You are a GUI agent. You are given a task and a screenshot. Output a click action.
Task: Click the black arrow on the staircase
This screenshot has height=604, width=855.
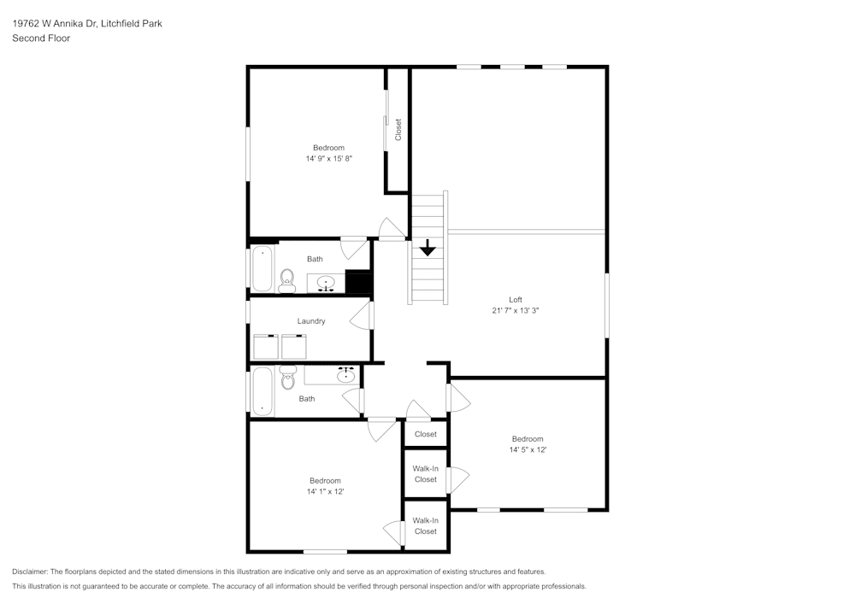coord(427,249)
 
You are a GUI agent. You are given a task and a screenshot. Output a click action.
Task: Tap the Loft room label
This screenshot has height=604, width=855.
coord(516,300)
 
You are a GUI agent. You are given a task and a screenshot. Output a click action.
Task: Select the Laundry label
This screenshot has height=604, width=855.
coord(311,321)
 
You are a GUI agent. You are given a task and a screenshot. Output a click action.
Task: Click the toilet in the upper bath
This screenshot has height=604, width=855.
coord(286,279)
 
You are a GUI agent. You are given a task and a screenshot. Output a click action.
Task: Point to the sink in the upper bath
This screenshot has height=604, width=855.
coord(326,283)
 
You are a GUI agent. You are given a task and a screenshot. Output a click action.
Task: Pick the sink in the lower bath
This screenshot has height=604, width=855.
coord(346,375)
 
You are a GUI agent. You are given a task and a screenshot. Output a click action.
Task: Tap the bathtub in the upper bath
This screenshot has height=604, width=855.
coord(262,268)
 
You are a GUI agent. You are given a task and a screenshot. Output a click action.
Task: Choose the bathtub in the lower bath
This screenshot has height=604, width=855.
coord(262,391)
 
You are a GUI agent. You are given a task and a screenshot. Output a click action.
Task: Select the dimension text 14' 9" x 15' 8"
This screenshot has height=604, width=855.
coord(329,159)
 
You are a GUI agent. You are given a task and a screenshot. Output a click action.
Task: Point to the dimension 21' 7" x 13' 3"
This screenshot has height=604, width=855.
coord(516,311)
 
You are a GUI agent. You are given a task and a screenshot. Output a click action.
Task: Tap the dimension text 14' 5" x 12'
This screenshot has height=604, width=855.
coord(528,450)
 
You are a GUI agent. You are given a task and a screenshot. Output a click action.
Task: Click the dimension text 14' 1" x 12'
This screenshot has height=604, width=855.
coord(325,491)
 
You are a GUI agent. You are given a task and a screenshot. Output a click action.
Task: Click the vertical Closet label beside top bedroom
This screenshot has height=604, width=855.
coord(398,130)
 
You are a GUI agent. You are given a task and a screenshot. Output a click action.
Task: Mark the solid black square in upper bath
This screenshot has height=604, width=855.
coord(358,282)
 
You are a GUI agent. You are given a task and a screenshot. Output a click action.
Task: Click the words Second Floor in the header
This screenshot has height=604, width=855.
coord(41,38)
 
